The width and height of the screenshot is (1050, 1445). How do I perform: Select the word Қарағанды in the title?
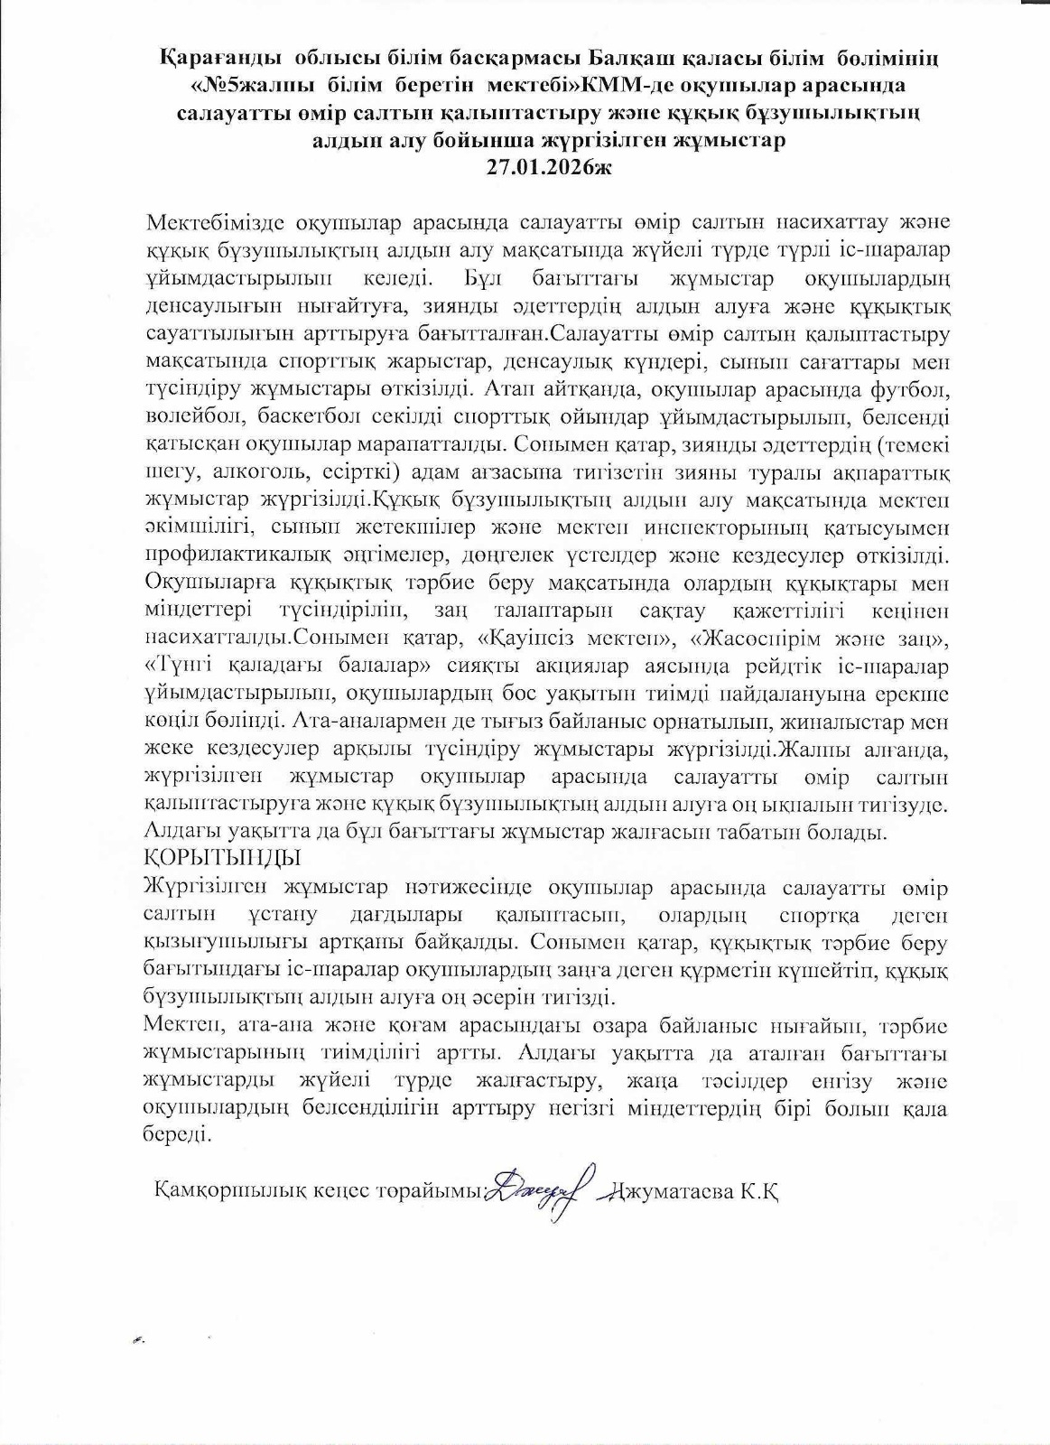pyautogui.click(x=207, y=61)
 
